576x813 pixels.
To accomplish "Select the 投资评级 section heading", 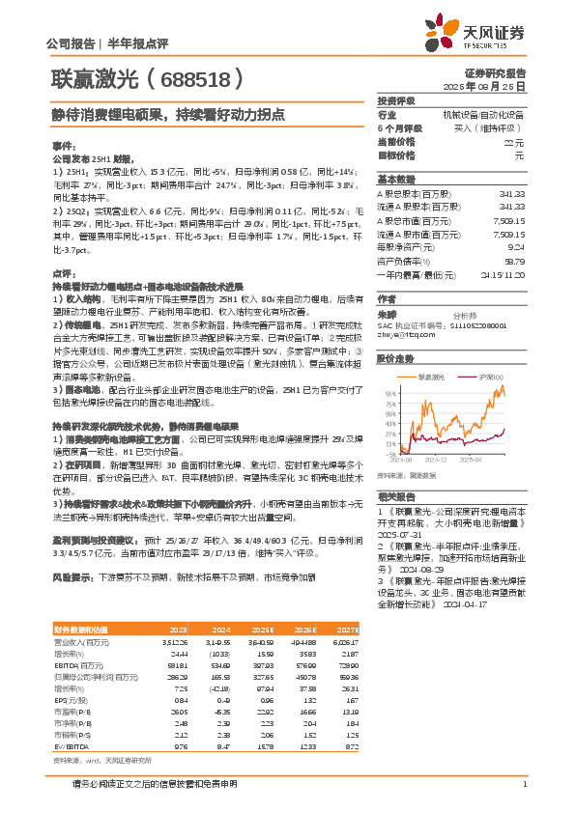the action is click(396, 100).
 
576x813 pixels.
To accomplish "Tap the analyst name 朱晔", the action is click(387, 314).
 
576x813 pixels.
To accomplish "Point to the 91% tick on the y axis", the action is click(390, 394).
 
